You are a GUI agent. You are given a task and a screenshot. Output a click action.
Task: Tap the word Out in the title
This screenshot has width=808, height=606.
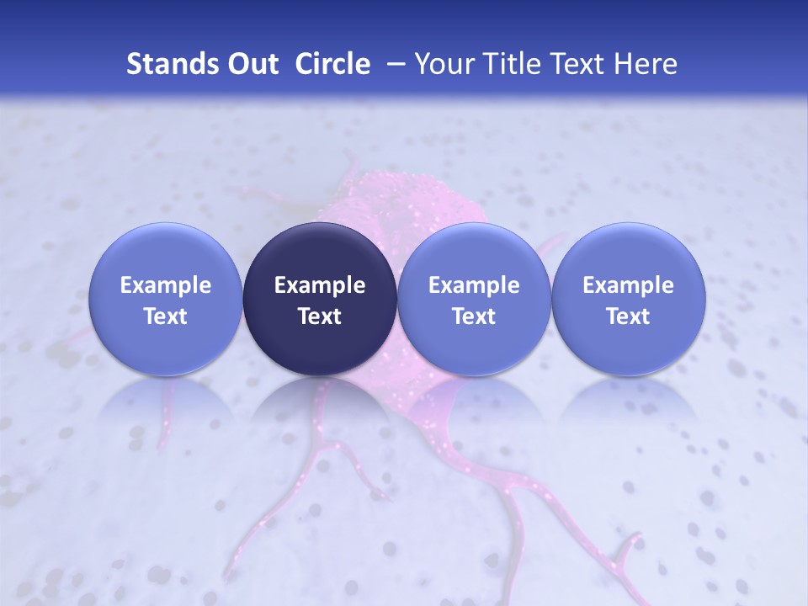[252, 64]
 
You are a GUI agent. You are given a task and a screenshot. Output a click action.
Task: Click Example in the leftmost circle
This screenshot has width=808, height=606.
[166, 285]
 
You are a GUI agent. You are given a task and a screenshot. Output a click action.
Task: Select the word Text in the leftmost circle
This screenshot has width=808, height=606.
[166, 316]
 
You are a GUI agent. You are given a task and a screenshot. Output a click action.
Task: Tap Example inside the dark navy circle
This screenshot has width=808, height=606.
[320, 285]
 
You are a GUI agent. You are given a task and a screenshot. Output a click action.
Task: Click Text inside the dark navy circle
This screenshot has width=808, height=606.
[320, 316]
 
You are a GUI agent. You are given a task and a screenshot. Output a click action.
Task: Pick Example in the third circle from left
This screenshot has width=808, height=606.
[474, 285]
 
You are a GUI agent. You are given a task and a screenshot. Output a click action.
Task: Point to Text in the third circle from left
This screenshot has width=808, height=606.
[474, 316]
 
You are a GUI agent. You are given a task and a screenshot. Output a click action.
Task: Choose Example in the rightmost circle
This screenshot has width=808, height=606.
[628, 285]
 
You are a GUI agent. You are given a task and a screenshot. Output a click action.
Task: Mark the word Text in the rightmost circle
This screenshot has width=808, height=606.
[628, 316]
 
